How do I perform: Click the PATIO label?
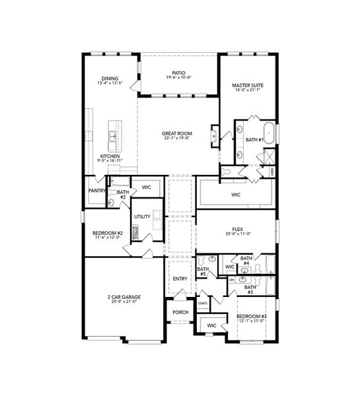coord(179,73)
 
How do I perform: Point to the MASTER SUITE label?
coord(248,85)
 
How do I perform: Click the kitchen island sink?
coord(114,137)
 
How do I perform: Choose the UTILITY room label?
coord(142,216)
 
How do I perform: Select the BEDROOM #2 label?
coord(107,233)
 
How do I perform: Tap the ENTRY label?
coord(180,279)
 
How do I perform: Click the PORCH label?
coord(180,312)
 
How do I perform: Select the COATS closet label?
coord(203,303)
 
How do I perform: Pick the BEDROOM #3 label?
coord(252,316)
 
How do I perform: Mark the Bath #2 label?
coord(122,194)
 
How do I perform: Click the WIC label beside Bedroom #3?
coord(212,325)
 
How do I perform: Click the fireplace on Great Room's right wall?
coord(215,135)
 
